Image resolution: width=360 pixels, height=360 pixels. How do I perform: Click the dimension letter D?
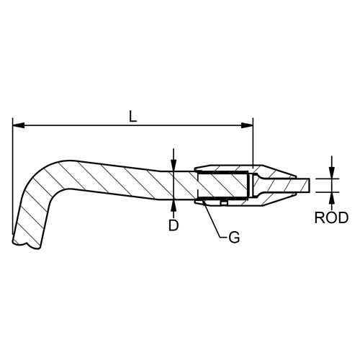click(174, 225)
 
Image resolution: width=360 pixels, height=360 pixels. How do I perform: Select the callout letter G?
click(233, 235)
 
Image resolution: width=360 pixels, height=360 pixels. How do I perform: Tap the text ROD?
click(332, 217)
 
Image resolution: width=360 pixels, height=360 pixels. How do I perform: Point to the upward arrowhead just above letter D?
click(174, 205)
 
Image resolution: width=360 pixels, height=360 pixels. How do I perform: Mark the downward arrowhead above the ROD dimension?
click(332, 173)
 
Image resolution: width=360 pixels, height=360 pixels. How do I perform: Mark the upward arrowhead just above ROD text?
click(332, 197)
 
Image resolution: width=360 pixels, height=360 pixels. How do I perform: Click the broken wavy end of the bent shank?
click(24, 243)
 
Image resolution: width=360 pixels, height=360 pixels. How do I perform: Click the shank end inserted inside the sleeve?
click(223, 186)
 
